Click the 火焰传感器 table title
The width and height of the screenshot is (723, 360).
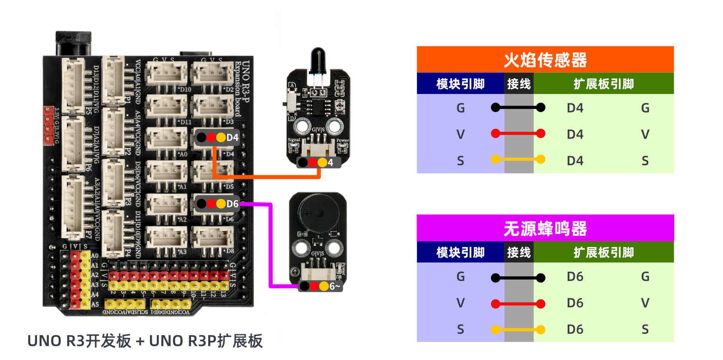pyautogui.click(x=545, y=60)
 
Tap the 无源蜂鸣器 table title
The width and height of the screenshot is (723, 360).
pyautogui.click(x=545, y=229)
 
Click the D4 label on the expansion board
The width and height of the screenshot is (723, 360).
pyautogui.click(x=232, y=137)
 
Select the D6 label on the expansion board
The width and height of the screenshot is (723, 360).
pyautogui.click(x=232, y=204)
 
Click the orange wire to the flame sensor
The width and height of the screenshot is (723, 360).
pyautogui.click(x=266, y=177)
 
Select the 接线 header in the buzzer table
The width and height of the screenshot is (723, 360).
pyautogui.click(x=518, y=252)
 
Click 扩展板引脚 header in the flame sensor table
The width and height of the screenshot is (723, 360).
pyautogui.click(x=603, y=84)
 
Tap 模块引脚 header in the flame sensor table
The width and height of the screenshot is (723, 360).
pyautogui.click(x=460, y=84)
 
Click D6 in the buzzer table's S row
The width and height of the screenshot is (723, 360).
pyautogui.click(x=575, y=329)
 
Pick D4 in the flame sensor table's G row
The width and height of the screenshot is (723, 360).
pyautogui.click(x=575, y=108)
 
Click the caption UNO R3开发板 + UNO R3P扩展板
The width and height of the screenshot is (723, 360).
pyautogui.click(x=145, y=341)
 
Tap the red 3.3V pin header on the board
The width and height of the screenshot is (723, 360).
pyautogui.click(x=48, y=126)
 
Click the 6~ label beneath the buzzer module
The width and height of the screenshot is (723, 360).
pyautogui.click(x=334, y=286)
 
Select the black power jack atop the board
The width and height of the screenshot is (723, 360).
pyautogui.click(x=73, y=43)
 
